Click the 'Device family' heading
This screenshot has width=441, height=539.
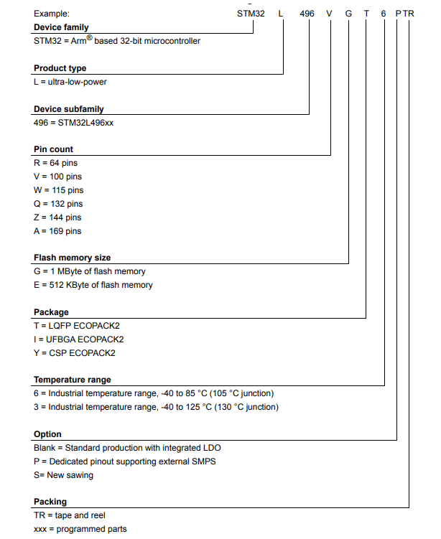point(62,27)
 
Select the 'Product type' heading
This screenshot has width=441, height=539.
point(60,68)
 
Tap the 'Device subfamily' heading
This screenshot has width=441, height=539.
point(69,109)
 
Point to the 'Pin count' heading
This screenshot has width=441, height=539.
point(54,149)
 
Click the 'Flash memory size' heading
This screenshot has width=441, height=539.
point(73,258)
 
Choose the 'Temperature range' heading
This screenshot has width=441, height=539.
point(73,380)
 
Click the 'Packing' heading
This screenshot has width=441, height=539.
point(50,502)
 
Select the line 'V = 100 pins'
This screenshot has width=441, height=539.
point(58,177)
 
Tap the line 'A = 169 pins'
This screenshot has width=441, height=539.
point(57,231)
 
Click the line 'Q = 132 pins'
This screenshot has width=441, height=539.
point(58,204)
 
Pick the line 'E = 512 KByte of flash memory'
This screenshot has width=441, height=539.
point(93,285)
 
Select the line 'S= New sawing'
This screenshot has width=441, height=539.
point(63,475)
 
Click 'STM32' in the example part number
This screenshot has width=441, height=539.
point(250,14)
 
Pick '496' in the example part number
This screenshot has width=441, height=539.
point(307,14)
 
